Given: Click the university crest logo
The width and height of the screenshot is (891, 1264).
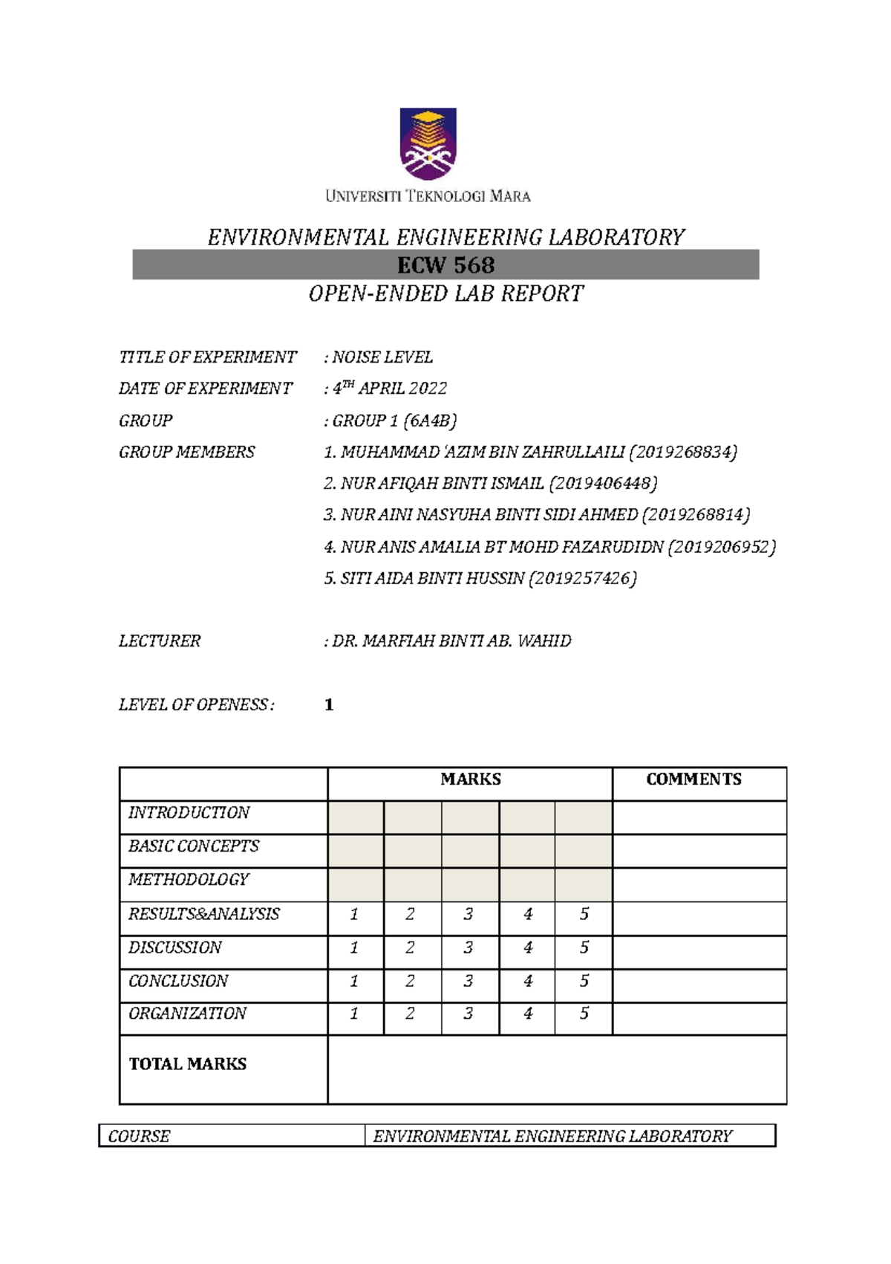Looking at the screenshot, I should [428, 143].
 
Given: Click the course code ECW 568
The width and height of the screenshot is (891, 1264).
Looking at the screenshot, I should [446, 265].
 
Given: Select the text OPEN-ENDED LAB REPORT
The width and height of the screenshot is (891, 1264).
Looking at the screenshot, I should [446, 294].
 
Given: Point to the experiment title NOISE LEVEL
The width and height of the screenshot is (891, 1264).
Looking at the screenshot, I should [382, 357].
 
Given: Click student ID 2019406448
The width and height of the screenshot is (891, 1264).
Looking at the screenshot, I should [603, 484].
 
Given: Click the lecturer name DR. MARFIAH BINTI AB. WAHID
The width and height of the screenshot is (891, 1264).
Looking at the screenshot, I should [451, 641].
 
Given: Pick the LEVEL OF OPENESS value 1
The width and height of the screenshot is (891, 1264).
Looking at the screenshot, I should [329, 704].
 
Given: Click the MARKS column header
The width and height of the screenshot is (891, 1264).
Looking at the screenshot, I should [470, 780].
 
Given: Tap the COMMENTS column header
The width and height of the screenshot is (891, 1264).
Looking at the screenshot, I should [693, 780].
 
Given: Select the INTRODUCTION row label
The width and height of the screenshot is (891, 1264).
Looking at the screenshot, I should [189, 813].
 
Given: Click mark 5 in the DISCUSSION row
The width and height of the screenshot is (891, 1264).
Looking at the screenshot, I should [584, 948].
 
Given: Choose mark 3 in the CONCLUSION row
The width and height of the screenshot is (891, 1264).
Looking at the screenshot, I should [469, 982].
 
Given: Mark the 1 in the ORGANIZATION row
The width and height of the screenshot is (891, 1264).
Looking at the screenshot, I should [354, 1014].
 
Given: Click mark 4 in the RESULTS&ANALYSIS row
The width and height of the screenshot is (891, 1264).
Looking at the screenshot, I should [528, 915].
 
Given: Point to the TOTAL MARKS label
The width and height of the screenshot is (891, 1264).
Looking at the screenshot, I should [188, 1064].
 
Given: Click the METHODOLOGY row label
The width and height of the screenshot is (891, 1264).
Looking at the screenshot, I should [189, 880].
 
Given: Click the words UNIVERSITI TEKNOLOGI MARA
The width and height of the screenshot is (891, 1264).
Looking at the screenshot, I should [428, 197].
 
